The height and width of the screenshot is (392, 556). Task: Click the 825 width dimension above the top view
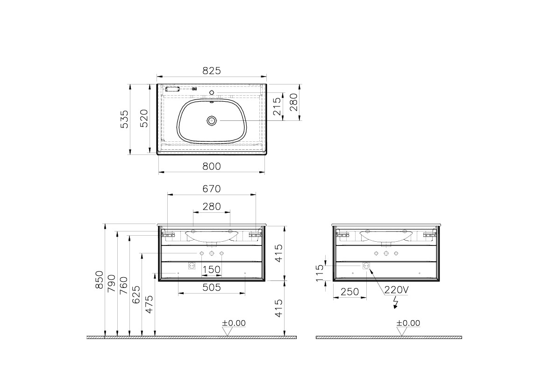[x=211, y=70]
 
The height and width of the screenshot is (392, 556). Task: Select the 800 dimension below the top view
[x=211, y=166]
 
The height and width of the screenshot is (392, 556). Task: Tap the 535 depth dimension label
[x=124, y=119]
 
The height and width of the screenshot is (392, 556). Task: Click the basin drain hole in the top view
[x=212, y=121]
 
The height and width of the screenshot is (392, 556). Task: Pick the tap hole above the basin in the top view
[x=212, y=92]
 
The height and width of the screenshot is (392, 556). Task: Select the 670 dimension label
[x=211, y=189]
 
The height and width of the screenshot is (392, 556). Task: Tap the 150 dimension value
[x=211, y=270]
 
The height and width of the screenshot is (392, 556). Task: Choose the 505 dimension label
[x=212, y=288]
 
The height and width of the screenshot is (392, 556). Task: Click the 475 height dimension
[x=149, y=304]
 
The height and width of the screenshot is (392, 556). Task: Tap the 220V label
[x=396, y=290]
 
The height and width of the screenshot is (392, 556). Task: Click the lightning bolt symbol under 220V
[x=396, y=303]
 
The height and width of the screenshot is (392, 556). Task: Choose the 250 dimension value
[x=349, y=292]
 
